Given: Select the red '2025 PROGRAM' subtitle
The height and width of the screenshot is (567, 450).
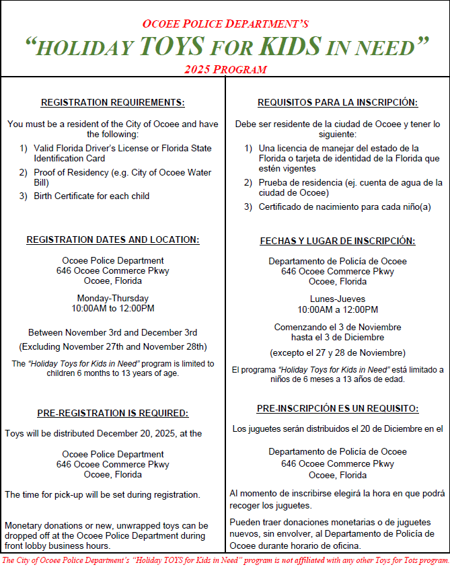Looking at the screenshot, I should tap(225, 69).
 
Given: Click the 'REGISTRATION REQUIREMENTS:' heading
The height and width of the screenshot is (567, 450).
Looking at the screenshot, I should tap(112, 103).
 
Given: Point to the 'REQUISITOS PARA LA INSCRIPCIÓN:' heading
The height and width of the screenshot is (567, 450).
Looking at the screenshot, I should tap(338, 103).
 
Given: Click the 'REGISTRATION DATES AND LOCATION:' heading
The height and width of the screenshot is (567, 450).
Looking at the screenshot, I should tap(112, 240).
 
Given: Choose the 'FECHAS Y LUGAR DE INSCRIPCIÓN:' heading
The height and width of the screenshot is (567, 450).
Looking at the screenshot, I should tap(338, 241).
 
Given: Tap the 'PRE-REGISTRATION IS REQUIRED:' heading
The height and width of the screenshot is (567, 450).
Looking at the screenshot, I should tap(112, 414).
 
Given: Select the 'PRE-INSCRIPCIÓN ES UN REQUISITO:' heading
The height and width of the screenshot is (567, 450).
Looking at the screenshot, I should tap(338, 409).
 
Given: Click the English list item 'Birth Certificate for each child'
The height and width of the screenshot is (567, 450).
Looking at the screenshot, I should tap(91, 196).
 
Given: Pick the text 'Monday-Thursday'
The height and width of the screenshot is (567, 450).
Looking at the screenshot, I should tap(112, 298).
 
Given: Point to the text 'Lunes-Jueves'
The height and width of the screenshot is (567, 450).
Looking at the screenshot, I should tap(338, 299).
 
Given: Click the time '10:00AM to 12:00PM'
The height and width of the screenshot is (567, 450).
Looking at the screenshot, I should tap(112, 309).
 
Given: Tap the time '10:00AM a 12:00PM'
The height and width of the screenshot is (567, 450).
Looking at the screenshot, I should tap(338, 310).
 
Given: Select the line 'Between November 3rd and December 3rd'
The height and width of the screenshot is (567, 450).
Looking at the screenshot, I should tap(112, 332).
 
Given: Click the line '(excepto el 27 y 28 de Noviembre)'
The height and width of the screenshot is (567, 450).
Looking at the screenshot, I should tap(338, 352).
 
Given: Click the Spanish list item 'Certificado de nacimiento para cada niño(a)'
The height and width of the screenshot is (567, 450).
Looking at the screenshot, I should tap(344, 207).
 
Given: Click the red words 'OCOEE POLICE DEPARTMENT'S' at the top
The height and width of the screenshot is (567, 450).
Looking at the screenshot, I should tap(225, 24).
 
